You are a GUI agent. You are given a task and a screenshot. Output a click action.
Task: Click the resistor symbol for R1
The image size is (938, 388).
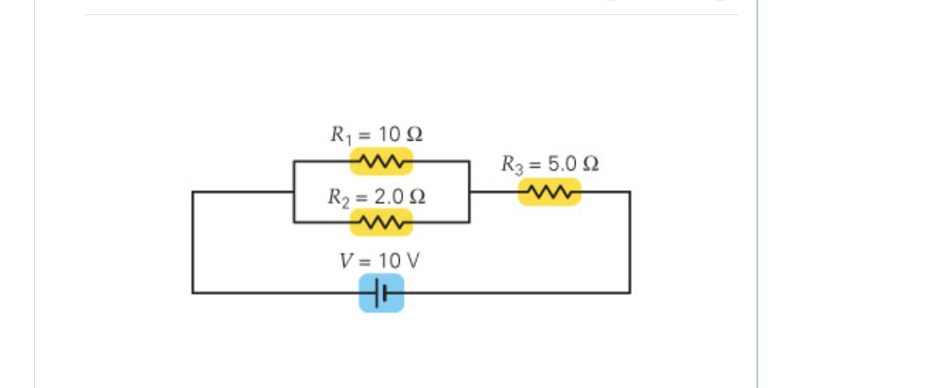click(380, 162)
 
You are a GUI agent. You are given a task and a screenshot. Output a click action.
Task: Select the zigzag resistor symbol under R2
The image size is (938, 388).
click(381, 222)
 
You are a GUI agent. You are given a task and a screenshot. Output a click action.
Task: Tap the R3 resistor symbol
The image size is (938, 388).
click(548, 192)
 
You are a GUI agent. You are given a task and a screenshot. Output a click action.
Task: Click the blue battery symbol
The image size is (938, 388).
click(381, 293)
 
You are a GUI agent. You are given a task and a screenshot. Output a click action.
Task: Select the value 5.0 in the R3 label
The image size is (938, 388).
click(564, 164)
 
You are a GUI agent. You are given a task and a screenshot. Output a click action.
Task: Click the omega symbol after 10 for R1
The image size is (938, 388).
click(414, 133)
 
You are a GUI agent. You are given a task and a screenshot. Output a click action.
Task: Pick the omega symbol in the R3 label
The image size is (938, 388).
click(591, 164)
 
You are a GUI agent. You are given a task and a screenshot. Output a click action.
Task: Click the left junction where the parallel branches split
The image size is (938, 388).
click(294, 192)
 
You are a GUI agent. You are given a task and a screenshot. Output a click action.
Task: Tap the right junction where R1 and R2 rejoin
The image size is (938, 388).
click(470, 192)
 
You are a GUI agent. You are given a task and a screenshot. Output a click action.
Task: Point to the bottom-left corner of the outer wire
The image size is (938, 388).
click(193, 293)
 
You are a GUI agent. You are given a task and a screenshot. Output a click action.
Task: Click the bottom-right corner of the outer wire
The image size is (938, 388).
click(630, 293)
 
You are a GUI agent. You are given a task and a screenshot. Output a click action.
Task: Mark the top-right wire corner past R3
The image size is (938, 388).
click(630, 192)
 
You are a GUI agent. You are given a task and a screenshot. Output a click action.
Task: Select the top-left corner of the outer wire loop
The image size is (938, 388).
click(193, 192)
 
